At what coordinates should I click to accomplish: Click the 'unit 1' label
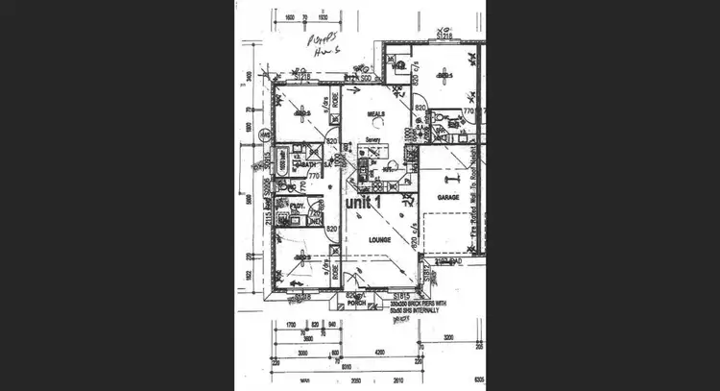pos(364,203)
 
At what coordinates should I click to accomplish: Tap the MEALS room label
pos(374,113)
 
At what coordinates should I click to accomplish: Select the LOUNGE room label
pos(365,246)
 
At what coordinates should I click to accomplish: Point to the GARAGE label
pos(447,196)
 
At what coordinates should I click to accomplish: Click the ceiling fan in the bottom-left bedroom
pos(301,256)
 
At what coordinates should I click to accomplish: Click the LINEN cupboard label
pos(315,217)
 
